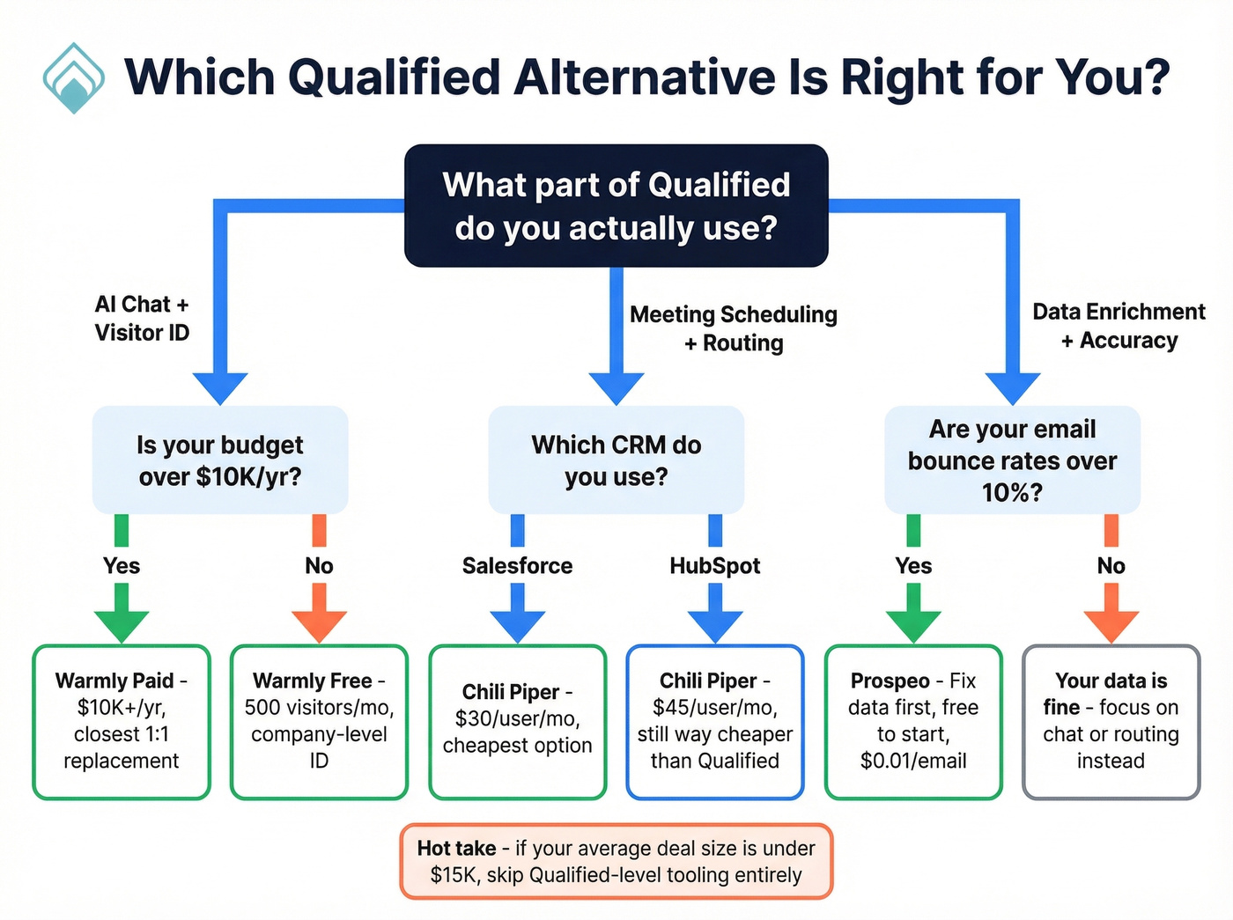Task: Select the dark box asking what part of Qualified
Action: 616,206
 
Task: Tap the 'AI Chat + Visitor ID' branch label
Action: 142,318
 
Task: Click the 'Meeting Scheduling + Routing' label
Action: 733,328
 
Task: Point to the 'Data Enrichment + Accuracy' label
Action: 1119,326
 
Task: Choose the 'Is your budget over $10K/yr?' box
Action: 220,460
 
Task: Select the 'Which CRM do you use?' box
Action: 616,460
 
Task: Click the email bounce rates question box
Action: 1012,460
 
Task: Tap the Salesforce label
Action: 517,566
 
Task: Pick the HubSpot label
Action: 714,566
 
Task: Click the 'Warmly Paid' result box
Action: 122,722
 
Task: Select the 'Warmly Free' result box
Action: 319,722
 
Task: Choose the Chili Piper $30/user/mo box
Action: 517,722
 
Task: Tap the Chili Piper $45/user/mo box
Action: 714,722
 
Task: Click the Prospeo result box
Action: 913,722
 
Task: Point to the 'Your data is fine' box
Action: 1111,722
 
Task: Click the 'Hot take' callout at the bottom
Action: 616,862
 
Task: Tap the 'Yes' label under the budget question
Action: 122,566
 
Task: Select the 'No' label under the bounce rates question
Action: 1111,566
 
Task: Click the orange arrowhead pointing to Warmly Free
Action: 319,626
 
